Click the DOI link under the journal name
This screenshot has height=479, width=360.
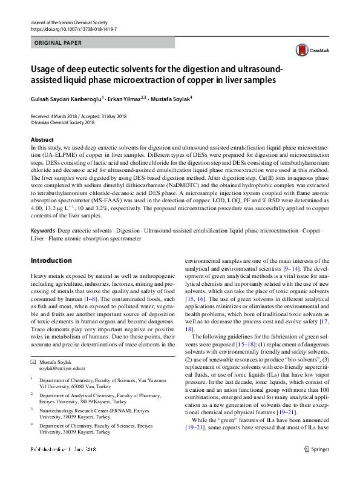(73, 28)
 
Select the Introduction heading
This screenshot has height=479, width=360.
(51, 260)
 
